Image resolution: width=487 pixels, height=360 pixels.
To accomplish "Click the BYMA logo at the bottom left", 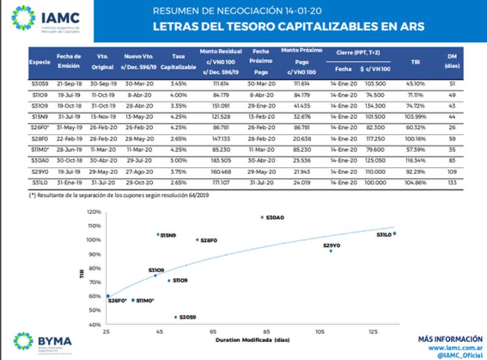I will (43, 341).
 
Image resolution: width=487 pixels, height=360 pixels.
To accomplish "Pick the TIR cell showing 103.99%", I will (416, 115).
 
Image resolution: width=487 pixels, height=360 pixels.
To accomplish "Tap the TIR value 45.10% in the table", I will (416, 84).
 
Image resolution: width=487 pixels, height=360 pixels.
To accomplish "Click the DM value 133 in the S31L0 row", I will (452, 182).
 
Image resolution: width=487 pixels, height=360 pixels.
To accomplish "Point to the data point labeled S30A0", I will (262, 217).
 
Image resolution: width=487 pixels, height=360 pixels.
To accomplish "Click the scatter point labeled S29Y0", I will (331, 250).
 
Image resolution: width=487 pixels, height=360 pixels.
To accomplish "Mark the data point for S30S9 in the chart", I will (176, 317).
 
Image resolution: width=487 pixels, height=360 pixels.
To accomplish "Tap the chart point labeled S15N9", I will (158, 234).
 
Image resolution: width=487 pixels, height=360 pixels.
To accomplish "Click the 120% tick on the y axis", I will (94, 212).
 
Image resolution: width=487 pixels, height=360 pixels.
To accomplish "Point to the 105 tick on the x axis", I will (320, 331).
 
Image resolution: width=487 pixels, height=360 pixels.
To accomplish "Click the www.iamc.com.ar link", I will (456, 348).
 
